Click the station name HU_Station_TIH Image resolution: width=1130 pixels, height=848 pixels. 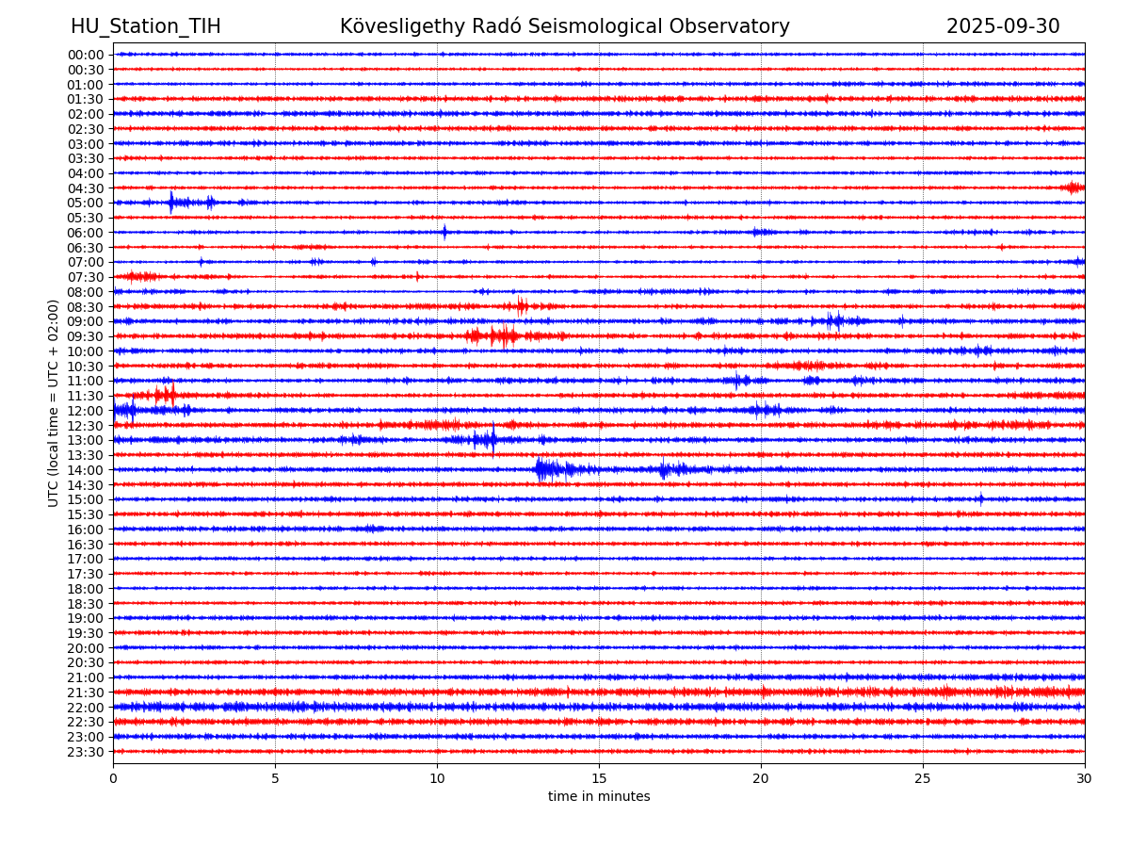point(146,27)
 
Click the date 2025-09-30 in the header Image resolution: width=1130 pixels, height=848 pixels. point(1003,27)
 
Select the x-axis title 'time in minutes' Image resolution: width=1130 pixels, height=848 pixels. point(599,797)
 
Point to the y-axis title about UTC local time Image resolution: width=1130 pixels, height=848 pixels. point(54,402)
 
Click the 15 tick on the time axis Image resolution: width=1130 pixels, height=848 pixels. point(599,778)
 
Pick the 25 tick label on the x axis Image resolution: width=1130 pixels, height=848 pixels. point(923,778)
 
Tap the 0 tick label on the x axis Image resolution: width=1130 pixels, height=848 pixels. point(113,778)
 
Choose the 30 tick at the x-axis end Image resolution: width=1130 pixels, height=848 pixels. point(1085,778)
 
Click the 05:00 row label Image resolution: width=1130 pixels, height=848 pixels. point(85,203)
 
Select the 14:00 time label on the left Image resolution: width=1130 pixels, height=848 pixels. point(85,470)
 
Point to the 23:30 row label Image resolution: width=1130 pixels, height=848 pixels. point(85,752)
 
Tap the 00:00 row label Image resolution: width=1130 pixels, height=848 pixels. point(85,55)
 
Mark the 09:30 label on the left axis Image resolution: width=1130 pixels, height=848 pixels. point(85,336)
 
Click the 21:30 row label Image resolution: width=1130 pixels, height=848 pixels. point(85,693)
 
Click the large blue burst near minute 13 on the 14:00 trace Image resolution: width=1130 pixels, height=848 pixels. point(542,469)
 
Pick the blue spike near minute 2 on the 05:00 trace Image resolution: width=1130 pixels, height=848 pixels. point(171,202)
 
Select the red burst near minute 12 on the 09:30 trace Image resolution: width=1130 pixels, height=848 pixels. point(504,335)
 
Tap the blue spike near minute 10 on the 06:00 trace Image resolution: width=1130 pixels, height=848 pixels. point(444,232)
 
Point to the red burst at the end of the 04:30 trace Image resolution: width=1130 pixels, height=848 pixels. point(1073,188)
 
